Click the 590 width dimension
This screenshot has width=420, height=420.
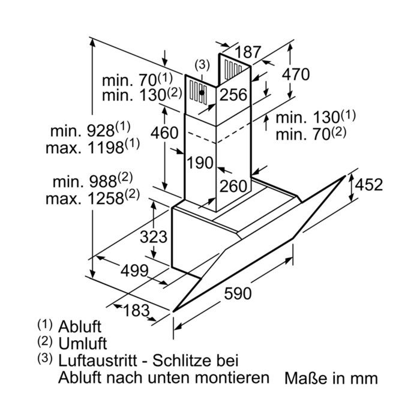pyautogui.click(x=238, y=293)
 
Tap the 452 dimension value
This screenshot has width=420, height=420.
pyautogui.click(x=369, y=185)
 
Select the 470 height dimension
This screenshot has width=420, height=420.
pyautogui.click(x=296, y=74)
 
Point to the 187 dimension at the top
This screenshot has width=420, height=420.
pyautogui.click(x=248, y=52)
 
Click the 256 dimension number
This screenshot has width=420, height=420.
pyautogui.click(x=233, y=95)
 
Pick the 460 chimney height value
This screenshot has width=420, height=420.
pyautogui.click(x=164, y=133)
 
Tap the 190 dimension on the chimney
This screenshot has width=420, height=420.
pyautogui.click(x=200, y=163)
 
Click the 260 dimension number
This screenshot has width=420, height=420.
pyautogui.click(x=233, y=186)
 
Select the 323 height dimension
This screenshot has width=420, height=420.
pyautogui.click(x=154, y=237)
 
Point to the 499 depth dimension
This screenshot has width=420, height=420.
pyautogui.click(x=134, y=271)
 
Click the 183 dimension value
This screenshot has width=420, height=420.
pyautogui.click(x=136, y=311)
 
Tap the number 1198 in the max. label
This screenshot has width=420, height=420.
pyautogui.click(x=106, y=148)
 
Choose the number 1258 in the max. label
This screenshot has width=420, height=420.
pyautogui.click(x=106, y=199)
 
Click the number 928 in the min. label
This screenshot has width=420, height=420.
pyautogui.click(x=101, y=131)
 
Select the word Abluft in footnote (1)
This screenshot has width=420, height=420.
pyautogui.click(x=80, y=326)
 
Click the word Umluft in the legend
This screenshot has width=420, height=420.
pyautogui.click(x=83, y=343)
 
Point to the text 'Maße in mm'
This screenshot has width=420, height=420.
pyautogui.click(x=331, y=378)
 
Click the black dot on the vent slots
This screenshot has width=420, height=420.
pyautogui.click(x=202, y=92)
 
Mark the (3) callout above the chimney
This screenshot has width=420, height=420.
pyautogui.click(x=202, y=65)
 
